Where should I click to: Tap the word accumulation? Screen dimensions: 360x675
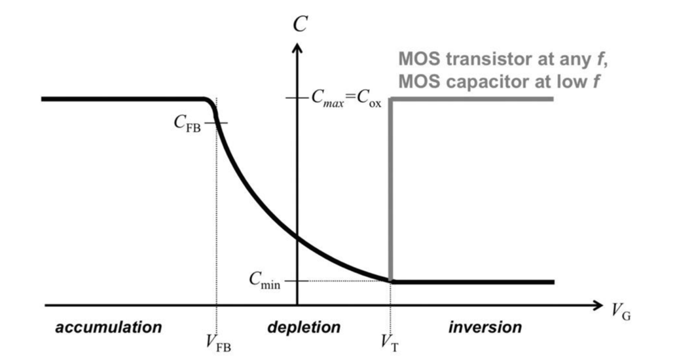108,327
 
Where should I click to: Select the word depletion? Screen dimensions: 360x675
304,327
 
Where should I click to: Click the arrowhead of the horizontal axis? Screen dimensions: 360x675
598,305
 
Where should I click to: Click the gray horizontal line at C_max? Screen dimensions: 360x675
471,99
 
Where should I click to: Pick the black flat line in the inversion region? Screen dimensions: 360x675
471,281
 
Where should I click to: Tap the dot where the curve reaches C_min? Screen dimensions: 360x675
391,281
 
